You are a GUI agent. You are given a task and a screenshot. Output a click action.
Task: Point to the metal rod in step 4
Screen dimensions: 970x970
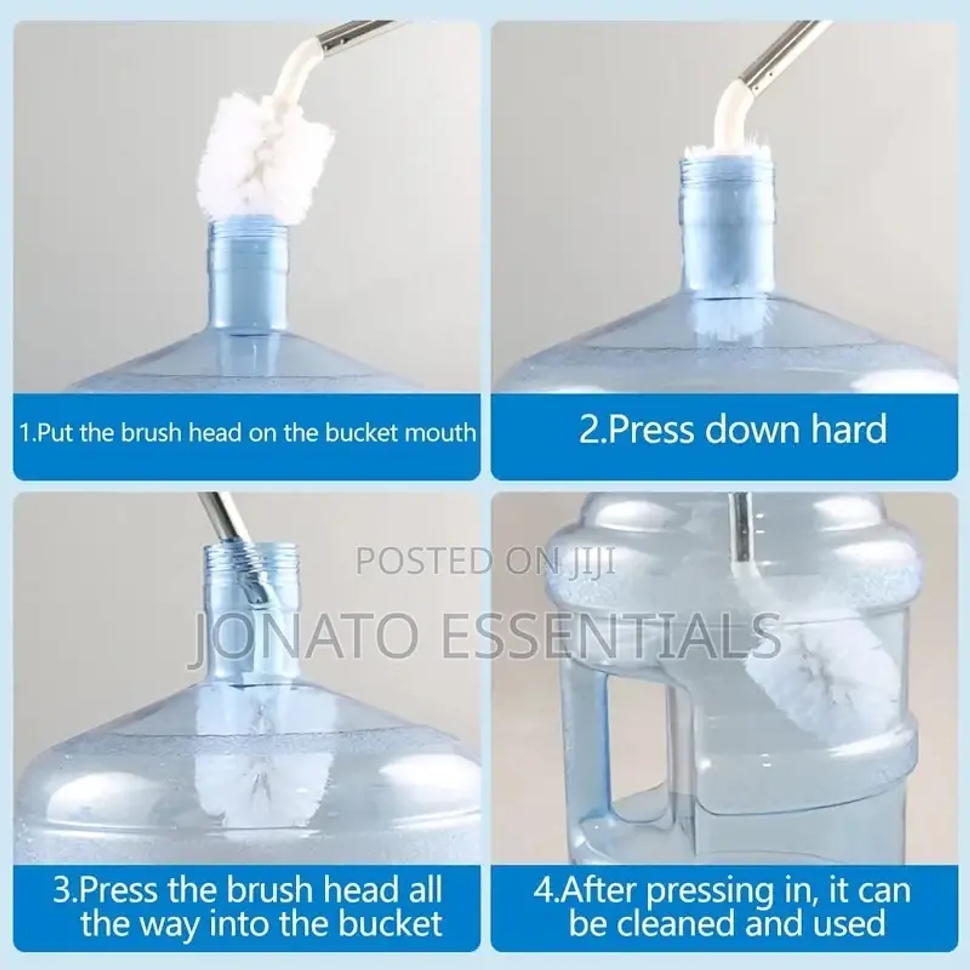739,526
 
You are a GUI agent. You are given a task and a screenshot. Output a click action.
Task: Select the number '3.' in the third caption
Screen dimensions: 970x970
65,890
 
